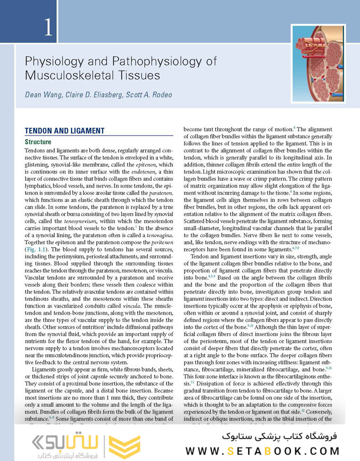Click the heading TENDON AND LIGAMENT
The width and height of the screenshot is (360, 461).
[64, 131]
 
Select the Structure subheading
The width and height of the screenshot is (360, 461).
[38, 142]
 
